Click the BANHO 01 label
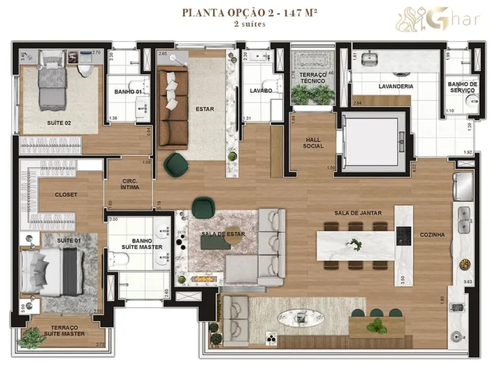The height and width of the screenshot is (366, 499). point(128,92)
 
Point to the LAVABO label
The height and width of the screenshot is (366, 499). point(261,91)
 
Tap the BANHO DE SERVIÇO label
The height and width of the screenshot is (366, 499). point(463,87)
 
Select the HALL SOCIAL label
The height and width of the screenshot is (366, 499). point(313,143)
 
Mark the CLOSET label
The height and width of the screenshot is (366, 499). point(66,194)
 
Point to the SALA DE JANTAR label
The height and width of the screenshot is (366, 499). point(359,213)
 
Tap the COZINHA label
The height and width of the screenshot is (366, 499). point(432,235)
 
